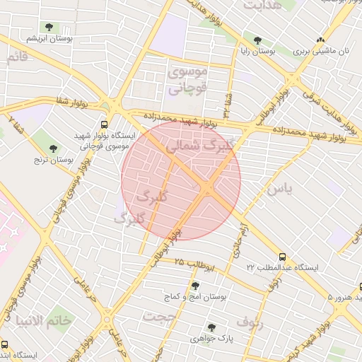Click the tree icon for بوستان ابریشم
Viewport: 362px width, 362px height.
tap(49, 28)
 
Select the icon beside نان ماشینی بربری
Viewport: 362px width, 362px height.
tap(322, 40)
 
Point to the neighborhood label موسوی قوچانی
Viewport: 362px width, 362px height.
tap(187, 81)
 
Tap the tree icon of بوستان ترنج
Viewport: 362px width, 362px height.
tap(53, 148)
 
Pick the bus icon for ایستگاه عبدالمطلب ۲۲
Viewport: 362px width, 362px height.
tap(283, 257)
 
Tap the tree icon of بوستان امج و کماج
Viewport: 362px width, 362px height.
tap(195, 286)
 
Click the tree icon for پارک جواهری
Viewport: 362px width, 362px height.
tap(211, 327)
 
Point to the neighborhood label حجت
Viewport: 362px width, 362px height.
tap(158, 317)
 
